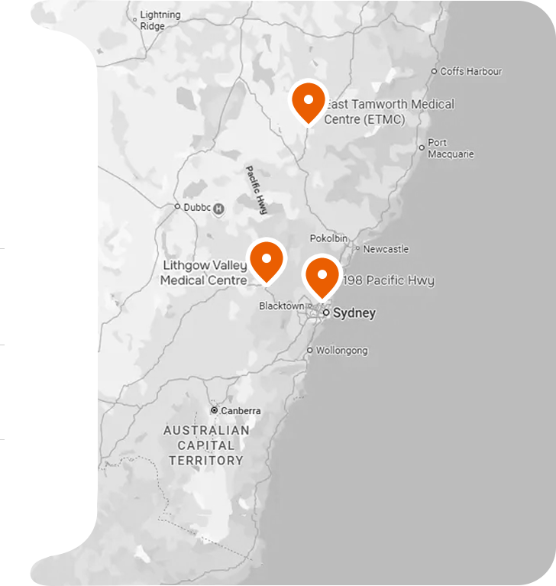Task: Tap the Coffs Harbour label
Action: [471, 71]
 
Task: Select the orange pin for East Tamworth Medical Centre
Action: [307, 102]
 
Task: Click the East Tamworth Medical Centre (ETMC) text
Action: [389, 112]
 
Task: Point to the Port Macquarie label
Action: [451, 148]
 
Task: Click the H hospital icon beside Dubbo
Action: [219, 208]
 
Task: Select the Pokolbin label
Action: [328, 238]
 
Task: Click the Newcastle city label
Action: [386, 249]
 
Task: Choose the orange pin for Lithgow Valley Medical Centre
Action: [266, 261]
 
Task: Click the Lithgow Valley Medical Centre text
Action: [204, 273]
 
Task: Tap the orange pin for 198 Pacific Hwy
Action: [322, 276]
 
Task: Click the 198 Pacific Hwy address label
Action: [390, 280]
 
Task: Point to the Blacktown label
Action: [281, 306]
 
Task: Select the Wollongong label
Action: [342, 351]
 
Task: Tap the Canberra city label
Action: [241, 410]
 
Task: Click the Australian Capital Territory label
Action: [206, 445]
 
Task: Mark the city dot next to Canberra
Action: [215, 410]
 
